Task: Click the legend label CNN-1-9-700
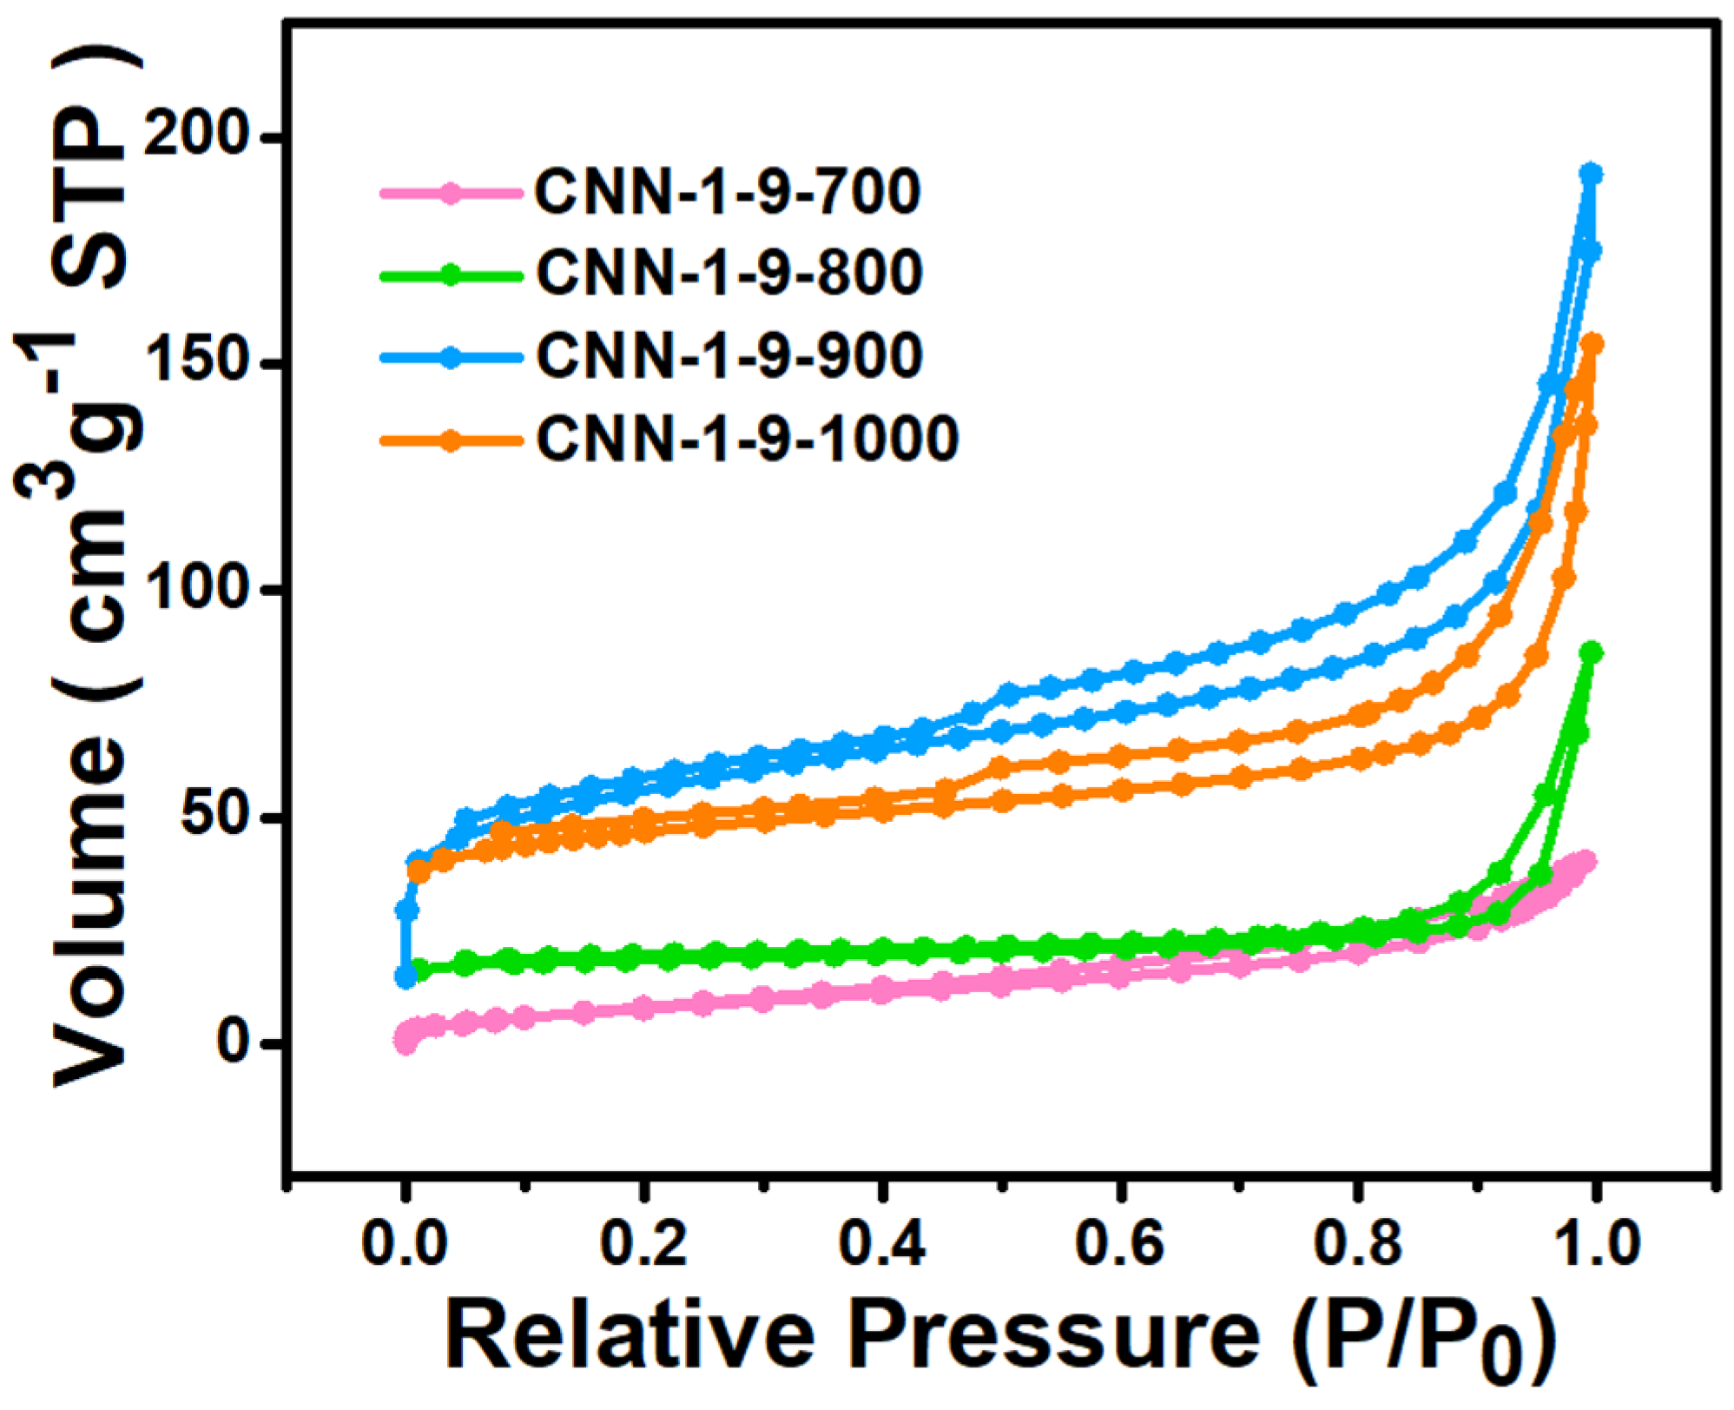[x=727, y=191]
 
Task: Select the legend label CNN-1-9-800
[x=729, y=272]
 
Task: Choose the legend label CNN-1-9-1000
[x=747, y=438]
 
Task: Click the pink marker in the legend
[x=450, y=193]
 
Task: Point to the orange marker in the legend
[x=450, y=440]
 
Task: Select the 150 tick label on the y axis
[x=197, y=362]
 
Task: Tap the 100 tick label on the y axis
[x=197, y=588]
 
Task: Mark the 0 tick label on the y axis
[x=233, y=1042]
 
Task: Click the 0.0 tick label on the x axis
[x=405, y=1244]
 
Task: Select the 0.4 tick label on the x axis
[x=881, y=1244]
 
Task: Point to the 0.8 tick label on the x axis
[x=1357, y=1244]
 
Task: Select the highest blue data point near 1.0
[x=1591, y=173]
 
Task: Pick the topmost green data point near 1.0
[x=1591, y=652]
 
